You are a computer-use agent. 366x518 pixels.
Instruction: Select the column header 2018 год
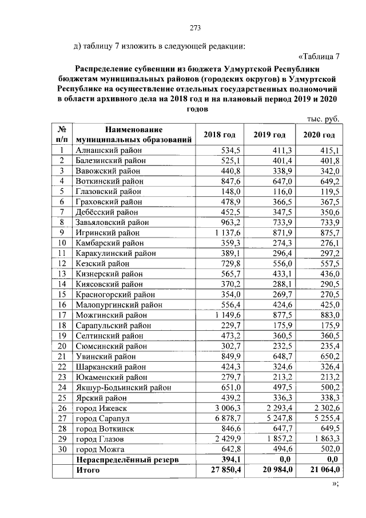pyautogui.click(x=220, y=135)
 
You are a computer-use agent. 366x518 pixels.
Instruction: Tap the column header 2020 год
pyautogui.click(x=319, y=135)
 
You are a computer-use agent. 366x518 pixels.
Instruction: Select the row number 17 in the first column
pyautogui.click(x=60, y=315)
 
